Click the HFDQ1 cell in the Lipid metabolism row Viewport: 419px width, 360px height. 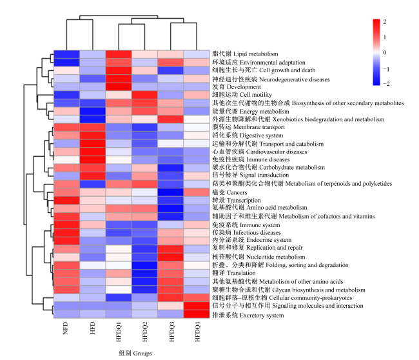[x=119, y=54]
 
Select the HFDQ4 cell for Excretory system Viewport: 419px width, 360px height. [x=197, y=314]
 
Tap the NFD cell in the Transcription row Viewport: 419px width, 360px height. [x=67, y=201]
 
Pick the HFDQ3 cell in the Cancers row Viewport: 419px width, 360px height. [x=171, y=192]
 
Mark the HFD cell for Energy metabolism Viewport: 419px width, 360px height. [x=93, y=111]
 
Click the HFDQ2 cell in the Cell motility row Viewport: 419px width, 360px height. [x=145, y=95]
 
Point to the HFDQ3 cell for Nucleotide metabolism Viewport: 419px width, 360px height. [x=171, y=257]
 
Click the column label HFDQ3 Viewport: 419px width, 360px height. [x=171, y=332]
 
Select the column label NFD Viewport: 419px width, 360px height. [x=66, y=328]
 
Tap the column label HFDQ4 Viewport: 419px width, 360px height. [x=197, y=332]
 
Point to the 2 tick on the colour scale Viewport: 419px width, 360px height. [x=385, y=22]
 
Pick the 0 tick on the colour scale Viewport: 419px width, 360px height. [x=385, y=52]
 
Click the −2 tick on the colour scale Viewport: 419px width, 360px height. [x=386, y=84]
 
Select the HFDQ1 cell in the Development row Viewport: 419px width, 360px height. [x=119, y=87]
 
